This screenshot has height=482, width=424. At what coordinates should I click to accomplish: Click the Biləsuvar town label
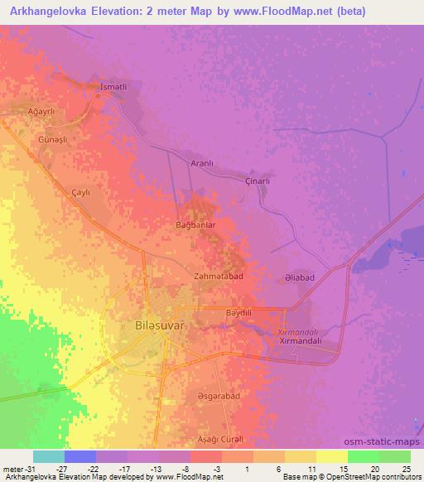pos(159,326)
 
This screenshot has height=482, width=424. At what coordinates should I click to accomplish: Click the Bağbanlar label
pos(196,224)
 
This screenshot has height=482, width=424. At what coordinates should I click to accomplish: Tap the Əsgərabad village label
pos(219,397)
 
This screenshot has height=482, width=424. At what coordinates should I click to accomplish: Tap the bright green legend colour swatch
pos(364,456)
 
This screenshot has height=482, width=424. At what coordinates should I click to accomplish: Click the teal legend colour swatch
pos(49,456)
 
